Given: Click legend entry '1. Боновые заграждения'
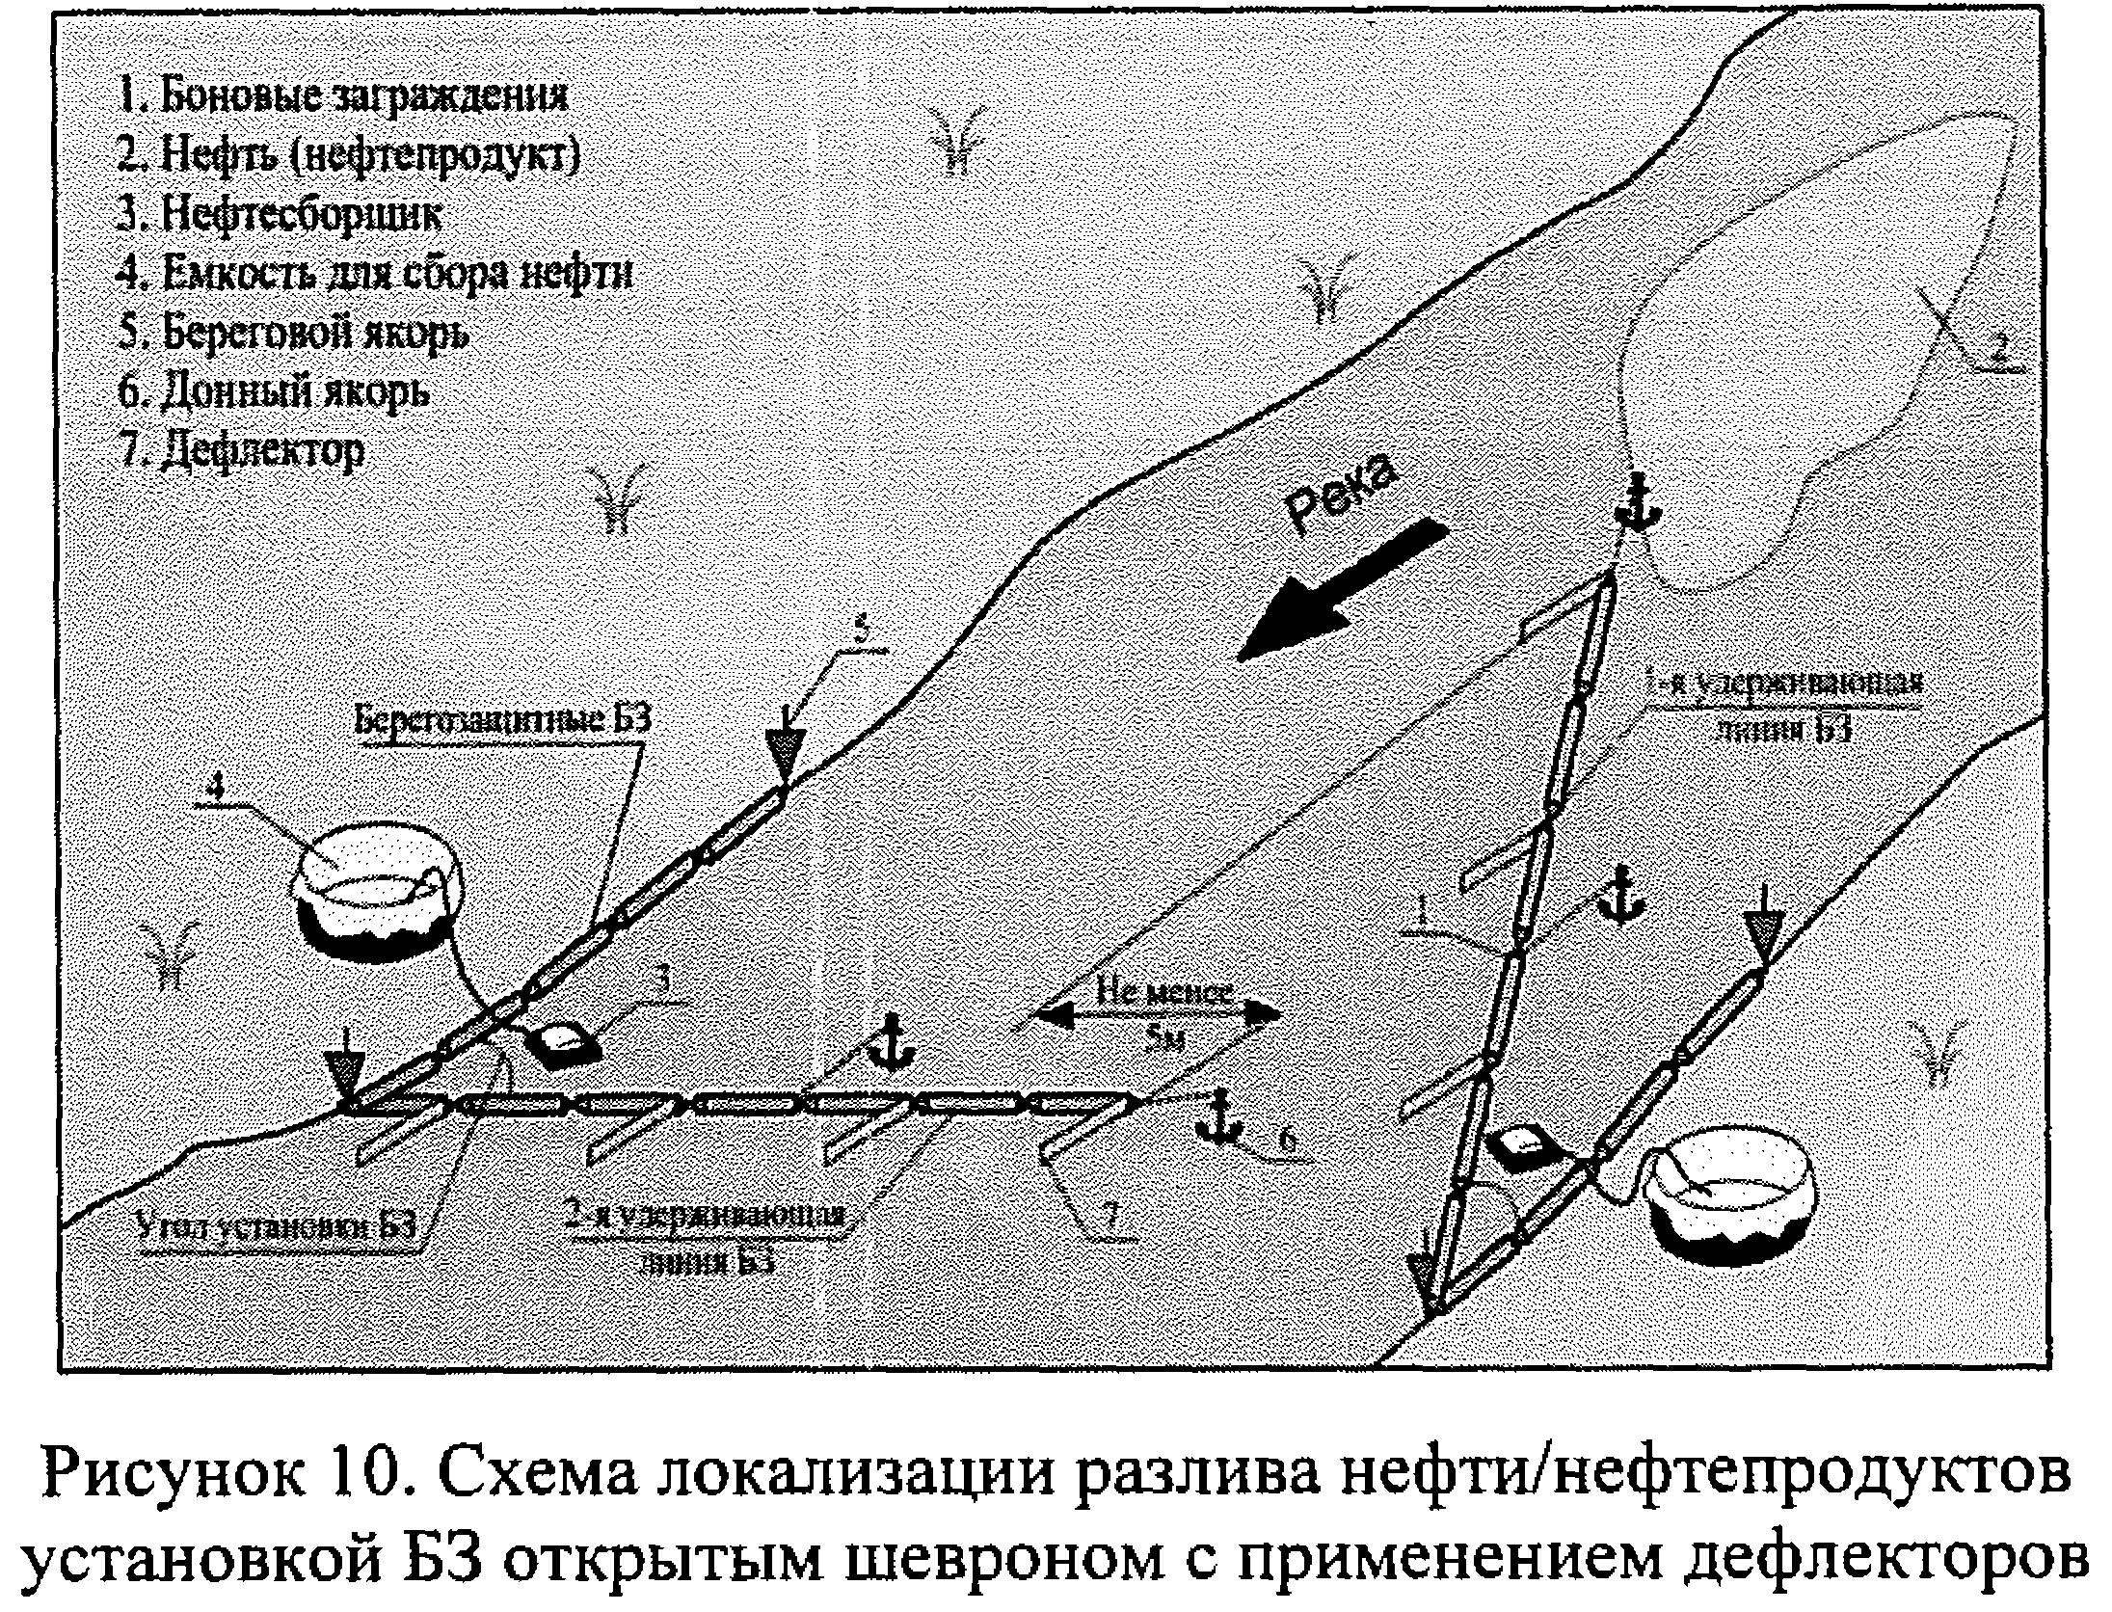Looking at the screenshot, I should pyautogui.click(x=342, y=97).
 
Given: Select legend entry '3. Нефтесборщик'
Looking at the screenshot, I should pyautogui.click(x=279, y=215).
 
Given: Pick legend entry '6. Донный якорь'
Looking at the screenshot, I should pyautogui.click(x=273, y=391).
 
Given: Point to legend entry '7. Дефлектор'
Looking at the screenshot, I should pyautogui.click(x=241, y=449).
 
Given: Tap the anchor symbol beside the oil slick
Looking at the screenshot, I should pyautogui.click(x=1636, y=501).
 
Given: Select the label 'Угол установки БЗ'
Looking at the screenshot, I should pyautogui.click(x=278, y=1227).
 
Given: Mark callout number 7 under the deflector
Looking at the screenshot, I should pyautogui.click(x=1110, y=1218).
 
